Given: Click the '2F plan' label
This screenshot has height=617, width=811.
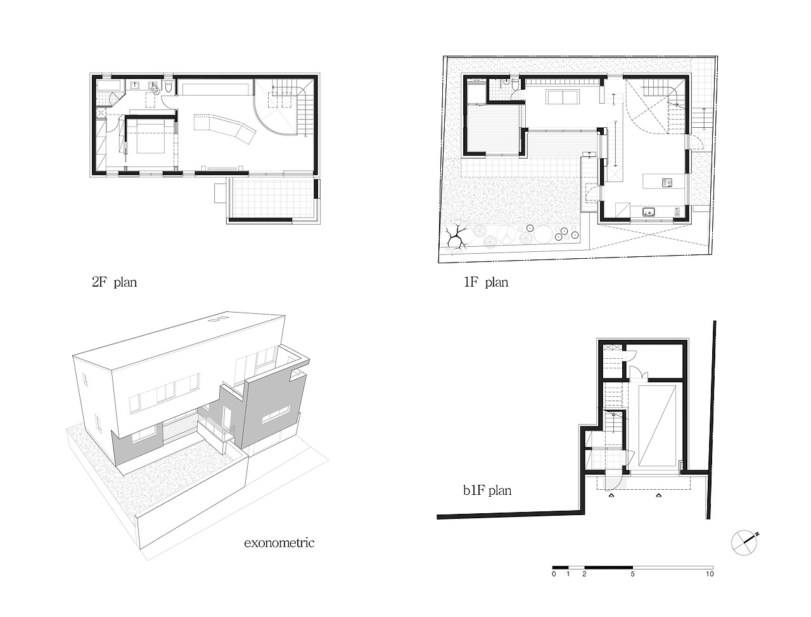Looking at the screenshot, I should tap(114, 282).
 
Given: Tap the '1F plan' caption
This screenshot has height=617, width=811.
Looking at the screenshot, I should tap(486, 282).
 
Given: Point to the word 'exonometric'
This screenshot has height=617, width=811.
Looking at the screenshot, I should tap(279, 542).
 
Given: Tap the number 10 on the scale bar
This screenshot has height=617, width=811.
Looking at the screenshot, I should tap(710, 574).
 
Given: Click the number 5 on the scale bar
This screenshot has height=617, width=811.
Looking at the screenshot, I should tap(632, 574).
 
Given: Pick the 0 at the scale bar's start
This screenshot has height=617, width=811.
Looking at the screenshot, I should tap(554, 574).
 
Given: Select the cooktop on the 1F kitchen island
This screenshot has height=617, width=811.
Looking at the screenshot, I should tap(667, 184).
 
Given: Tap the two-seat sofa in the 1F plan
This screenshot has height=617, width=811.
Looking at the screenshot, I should tap(560, 97).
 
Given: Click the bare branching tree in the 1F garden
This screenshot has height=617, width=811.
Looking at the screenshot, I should tap(455, 239).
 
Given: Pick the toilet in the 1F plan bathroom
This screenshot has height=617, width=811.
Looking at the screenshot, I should tap(507, 82).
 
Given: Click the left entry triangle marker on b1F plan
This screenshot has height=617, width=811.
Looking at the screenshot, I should tap(611, 497).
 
